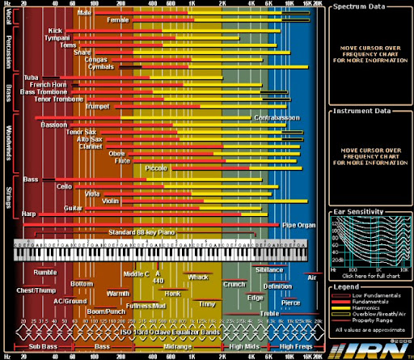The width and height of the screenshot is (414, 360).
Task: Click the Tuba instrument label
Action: [x=34, y=78]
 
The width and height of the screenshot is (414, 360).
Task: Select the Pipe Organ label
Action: [x=298, y=223]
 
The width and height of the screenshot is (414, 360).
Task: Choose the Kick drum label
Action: [x=55, y=30]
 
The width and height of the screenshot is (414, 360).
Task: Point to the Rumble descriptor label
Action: [x=44, y=273]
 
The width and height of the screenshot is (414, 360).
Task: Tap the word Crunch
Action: [x=234, y=284]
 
